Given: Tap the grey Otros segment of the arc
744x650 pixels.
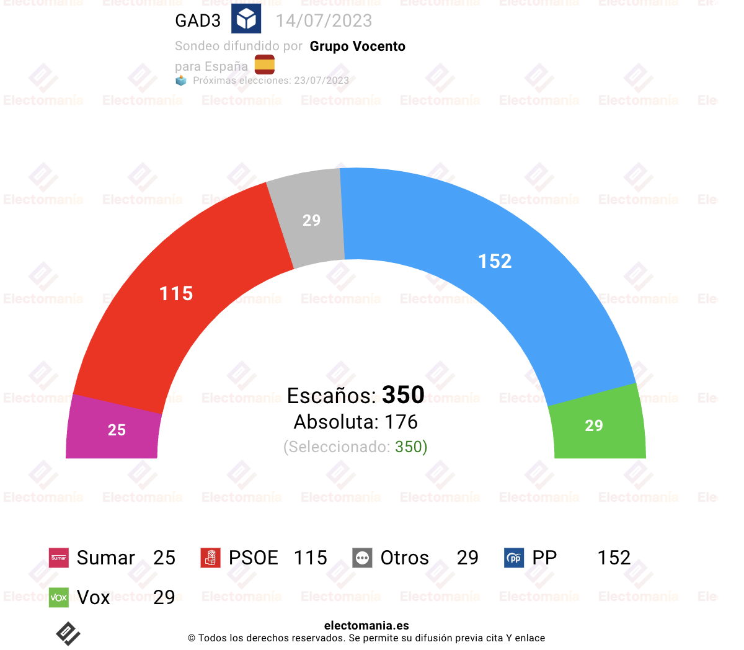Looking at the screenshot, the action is tap(309, 218).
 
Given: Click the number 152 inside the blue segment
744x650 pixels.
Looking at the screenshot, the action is tap(495, 261).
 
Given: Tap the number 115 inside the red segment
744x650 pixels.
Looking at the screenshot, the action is tap(176, 293).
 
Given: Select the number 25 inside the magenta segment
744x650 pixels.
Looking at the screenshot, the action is tap(117, 430).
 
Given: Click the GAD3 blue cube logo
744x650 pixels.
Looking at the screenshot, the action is tap(246, 18).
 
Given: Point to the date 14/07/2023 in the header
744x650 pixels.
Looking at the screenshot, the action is tap(324, 20).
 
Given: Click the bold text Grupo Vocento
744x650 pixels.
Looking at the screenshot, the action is tap(358, 46).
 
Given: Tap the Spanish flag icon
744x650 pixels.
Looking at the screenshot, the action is tap(264, 65).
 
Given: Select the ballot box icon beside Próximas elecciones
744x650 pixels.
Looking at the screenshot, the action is tap(181, 80).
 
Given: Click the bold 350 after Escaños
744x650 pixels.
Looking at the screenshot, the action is tap(403, 394).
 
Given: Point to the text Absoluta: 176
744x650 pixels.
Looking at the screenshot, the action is tap(356, 422).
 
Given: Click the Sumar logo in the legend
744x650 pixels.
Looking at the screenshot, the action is tap(58, 558).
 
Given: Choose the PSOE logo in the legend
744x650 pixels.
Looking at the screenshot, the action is tap(211, 558).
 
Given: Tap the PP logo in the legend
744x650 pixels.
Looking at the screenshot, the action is tap(514, 558).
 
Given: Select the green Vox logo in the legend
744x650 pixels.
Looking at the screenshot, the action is tap(58, 597).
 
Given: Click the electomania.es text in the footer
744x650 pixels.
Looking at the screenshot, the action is tap(366, 625).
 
